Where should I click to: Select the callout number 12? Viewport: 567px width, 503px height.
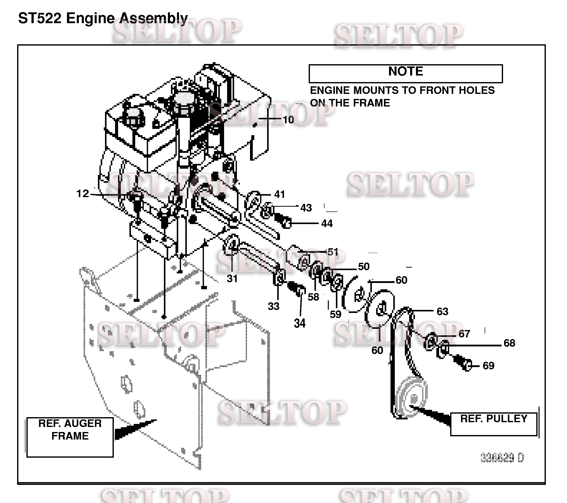82,193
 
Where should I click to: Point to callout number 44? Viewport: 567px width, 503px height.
327,223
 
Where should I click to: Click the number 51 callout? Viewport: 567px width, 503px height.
333,252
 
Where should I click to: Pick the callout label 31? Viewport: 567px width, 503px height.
232,278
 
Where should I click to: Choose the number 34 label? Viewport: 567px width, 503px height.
300,323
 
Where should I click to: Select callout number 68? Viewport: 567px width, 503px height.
509,343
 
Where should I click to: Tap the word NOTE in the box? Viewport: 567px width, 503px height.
405,71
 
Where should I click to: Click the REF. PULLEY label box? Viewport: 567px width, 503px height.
493,424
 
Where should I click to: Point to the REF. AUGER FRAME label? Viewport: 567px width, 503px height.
70,430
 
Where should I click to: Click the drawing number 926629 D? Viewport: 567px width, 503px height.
502,457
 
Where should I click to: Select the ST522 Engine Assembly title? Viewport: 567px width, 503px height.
103,19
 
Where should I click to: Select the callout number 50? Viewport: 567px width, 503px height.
363,266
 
